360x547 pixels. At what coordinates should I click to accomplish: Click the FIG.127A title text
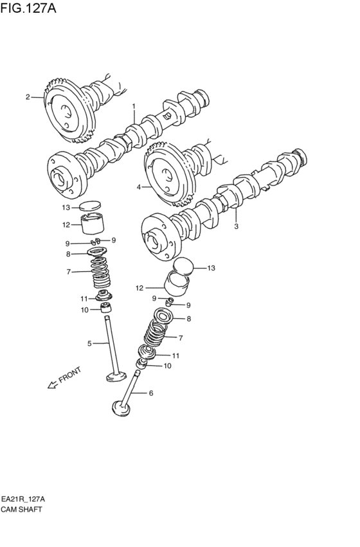point(28,7)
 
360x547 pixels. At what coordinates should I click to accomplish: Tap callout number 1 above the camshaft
point(134,105)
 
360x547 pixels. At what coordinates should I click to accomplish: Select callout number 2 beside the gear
point(28,97)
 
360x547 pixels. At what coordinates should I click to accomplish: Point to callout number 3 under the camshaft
point(236,226)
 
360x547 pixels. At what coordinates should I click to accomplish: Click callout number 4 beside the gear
point(138,187)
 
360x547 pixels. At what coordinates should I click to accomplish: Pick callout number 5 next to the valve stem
point(89,344)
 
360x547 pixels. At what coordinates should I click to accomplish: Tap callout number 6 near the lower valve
point(150,393)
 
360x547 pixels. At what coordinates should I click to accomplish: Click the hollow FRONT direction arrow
point(52,384)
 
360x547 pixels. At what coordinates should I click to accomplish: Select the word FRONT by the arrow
point(70,375)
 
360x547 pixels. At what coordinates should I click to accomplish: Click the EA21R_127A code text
point(23,499)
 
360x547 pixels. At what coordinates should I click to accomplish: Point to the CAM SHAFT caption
point(21,509)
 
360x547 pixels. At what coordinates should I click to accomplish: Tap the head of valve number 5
point(116,377)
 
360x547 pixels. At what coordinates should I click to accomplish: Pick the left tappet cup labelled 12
point(93,224)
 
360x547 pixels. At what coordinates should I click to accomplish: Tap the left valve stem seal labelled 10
point(105,308)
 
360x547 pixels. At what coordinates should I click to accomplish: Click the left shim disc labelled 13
point(90,206)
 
